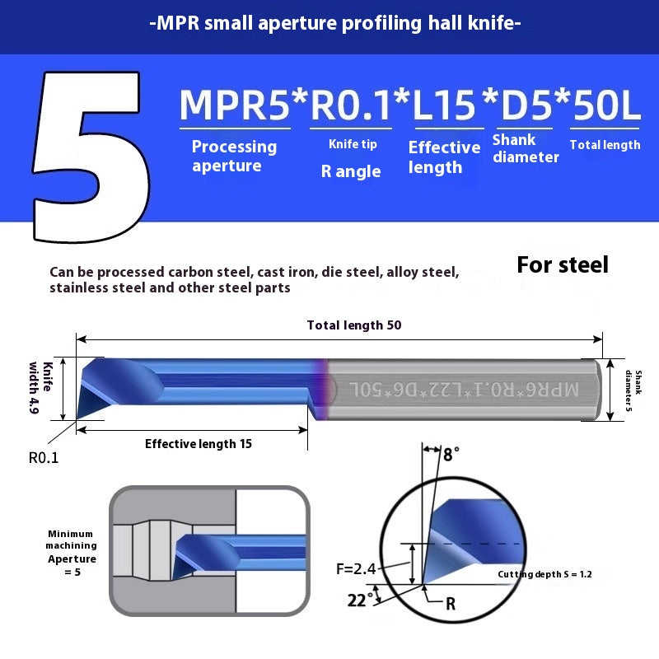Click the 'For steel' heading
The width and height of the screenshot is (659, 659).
[562, 264]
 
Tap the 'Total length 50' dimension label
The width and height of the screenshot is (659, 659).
[354, 325]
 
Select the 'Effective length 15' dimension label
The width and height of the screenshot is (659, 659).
[198, 443]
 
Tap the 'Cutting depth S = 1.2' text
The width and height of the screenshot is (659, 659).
[544, 574]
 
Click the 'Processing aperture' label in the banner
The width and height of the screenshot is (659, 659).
[234, 156]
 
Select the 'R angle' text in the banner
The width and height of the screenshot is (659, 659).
[351, 171]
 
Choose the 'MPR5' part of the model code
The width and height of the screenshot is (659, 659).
[234, 105]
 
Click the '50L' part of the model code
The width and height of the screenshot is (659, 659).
[605, 105]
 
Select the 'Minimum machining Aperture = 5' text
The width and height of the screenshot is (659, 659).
[71, 552]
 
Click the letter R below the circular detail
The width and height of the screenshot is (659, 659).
[451, 604]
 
